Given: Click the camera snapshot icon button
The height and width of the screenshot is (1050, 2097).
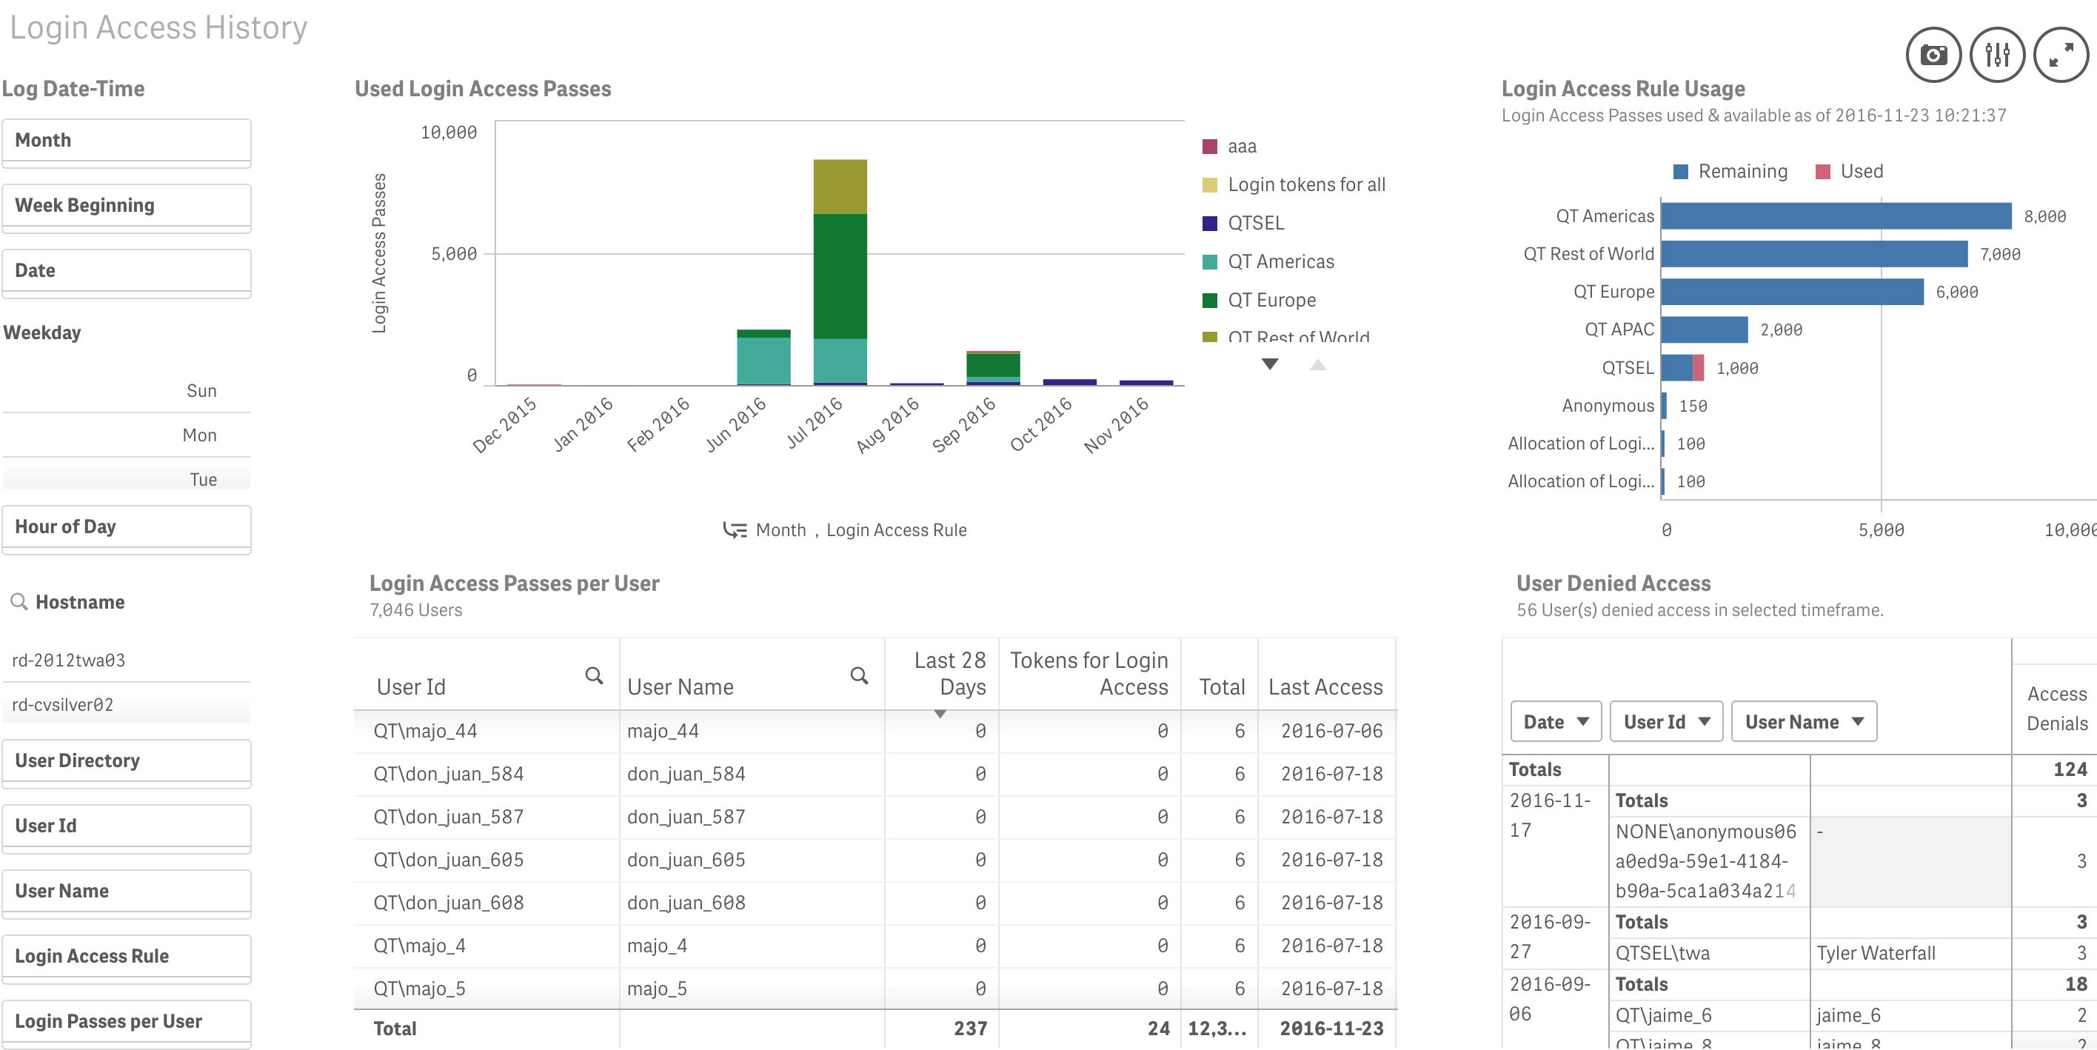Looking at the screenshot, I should point(1933,56).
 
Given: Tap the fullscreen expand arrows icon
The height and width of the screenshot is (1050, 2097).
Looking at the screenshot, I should point(2061,56).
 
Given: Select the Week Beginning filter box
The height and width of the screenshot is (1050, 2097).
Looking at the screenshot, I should point(126,205).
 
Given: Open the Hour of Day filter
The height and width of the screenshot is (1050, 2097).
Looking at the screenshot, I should point(126,526).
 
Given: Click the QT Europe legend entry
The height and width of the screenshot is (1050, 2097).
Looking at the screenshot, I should point(1271,301).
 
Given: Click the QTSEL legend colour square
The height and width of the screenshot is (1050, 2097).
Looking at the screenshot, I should point(1210,223).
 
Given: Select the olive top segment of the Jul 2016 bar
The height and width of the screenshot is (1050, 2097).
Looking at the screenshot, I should point(840,187).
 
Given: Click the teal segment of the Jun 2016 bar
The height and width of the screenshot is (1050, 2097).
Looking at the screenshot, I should point(763,360).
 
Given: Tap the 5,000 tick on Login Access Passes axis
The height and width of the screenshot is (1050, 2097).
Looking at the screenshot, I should point(454,254).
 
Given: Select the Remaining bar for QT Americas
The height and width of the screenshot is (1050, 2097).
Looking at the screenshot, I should point(1836,216).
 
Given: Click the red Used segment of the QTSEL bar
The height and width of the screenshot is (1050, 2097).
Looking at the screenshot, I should point(1698,368).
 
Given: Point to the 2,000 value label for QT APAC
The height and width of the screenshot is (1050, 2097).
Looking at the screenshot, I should point(1781,330).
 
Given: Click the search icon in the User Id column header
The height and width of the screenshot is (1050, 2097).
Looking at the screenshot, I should point(595,675).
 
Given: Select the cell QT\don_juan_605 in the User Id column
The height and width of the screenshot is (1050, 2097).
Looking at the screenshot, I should point(449,860).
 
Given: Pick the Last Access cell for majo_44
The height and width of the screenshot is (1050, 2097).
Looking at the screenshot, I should point(1332,731).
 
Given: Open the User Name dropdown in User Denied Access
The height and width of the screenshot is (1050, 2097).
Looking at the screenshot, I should point(1803,722).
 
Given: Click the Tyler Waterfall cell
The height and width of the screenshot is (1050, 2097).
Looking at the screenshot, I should point(1876,953).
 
